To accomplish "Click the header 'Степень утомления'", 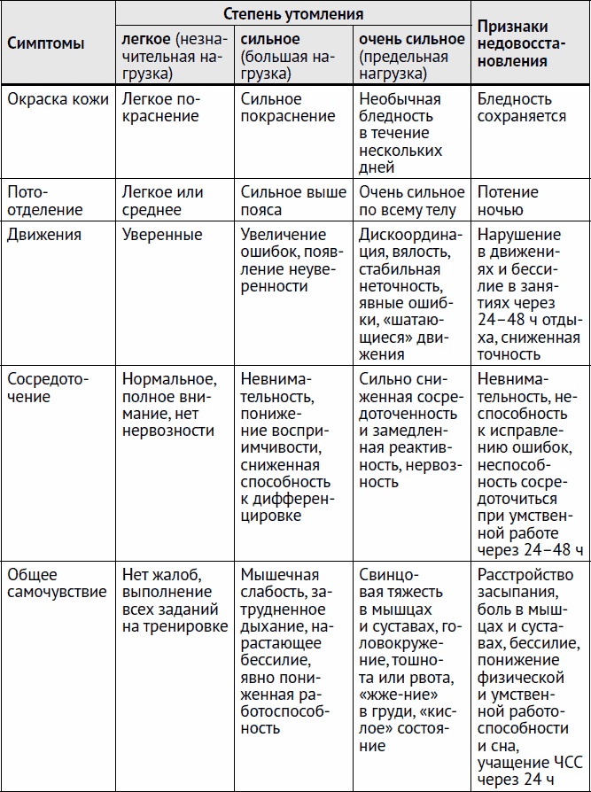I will [x=292, y=15].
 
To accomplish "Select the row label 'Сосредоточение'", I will [x=49, y=388].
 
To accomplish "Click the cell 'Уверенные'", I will [x=162, y=236].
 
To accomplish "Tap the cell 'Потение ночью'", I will [x=508, y=201].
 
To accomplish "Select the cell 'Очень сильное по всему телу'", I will [x=411, y=201].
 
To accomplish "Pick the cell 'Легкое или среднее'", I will [x=162, y=201].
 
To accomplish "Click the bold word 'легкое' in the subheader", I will [x=147, y=40].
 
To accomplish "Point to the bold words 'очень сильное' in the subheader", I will [x=411, y=40].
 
